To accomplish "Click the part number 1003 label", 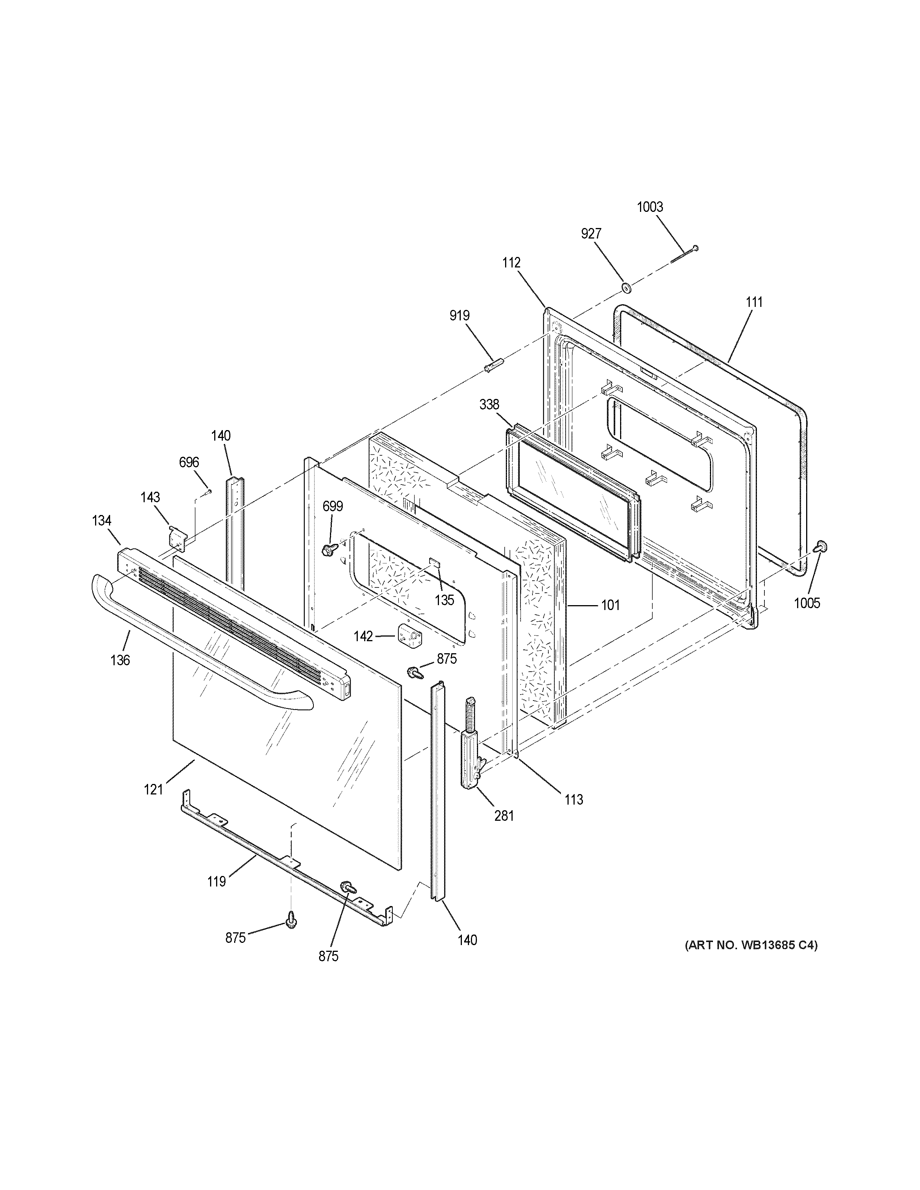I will [x=650, y=207].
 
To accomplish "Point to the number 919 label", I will [x=460, y=316].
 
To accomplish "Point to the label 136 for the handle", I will [x=120, y=660].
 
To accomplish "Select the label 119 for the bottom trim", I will [x=216, y=881].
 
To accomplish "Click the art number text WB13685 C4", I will [x=751, y=945].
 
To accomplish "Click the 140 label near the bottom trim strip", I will [x=467, y=940].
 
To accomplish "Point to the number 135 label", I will [x=444, y=600].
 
